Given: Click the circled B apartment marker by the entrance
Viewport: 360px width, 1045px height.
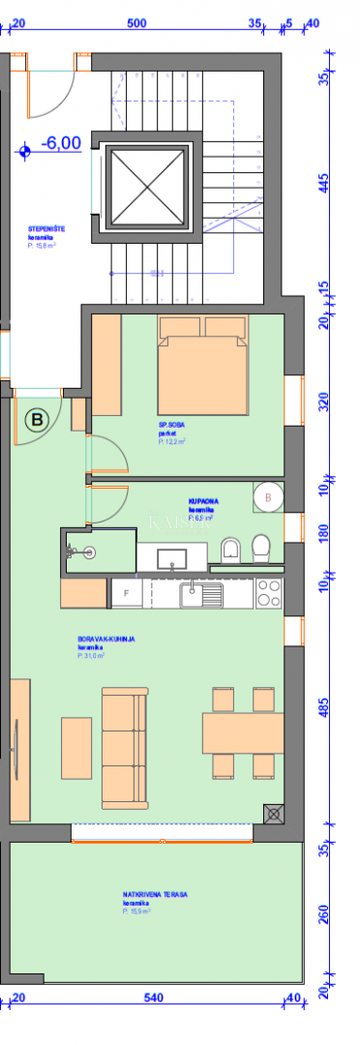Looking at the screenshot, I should (x=37, y=419).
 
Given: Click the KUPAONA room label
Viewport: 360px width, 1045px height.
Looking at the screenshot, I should (x=202, y=500).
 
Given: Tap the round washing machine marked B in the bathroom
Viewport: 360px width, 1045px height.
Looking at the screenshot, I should (x=266, y=497).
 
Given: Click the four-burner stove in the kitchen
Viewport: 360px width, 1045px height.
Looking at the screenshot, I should (x=268, y=592).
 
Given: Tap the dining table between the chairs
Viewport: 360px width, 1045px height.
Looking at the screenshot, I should (x=243, y=732).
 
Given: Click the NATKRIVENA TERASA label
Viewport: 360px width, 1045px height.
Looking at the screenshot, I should (x=155, y=894).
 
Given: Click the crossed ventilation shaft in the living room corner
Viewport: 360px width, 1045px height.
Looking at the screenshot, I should (x=274, y=814).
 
